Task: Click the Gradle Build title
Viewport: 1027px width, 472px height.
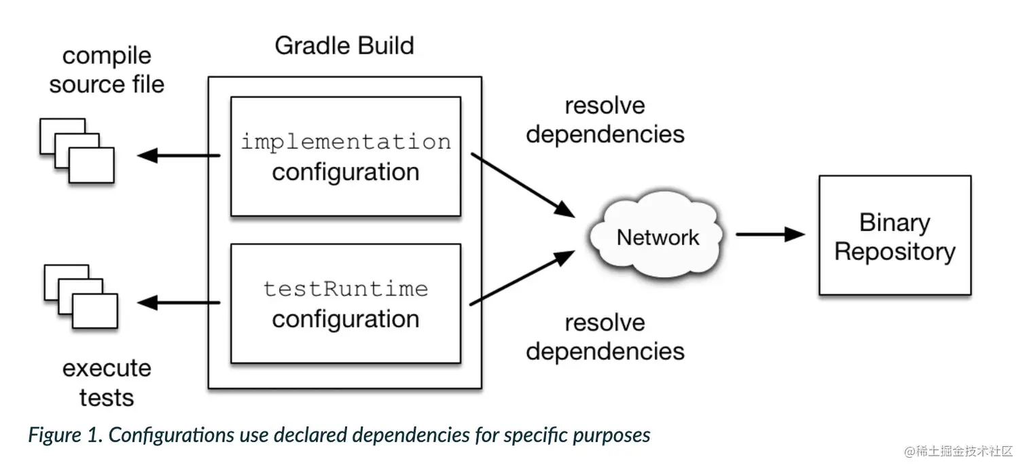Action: click(x=344, y=46)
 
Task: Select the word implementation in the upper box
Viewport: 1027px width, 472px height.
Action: click(x=346, y=142)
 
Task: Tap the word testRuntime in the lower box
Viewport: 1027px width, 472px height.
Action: click(x=346, y=289)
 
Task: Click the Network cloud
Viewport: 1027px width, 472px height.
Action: click(x=657, y=237)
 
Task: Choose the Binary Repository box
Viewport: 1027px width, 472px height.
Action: click(x=895, y=236)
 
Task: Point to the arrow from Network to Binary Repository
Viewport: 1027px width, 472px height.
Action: click(x=770, y=235)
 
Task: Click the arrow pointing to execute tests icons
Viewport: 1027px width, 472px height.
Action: click(x=179, y=303)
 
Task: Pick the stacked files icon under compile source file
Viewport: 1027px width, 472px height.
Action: click(x=77, y=150)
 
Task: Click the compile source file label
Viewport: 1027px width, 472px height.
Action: click(x=107, y=71)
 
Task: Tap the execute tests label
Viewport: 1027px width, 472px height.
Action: click(x=107, y=382)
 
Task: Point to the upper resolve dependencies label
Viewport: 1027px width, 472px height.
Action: click(x=605, y=120)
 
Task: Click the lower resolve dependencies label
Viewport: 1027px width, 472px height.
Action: click(x=605, y=337)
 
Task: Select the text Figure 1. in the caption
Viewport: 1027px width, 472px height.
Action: click(x=65, y=435)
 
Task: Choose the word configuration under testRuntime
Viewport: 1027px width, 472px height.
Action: click(x=346, y=319)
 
